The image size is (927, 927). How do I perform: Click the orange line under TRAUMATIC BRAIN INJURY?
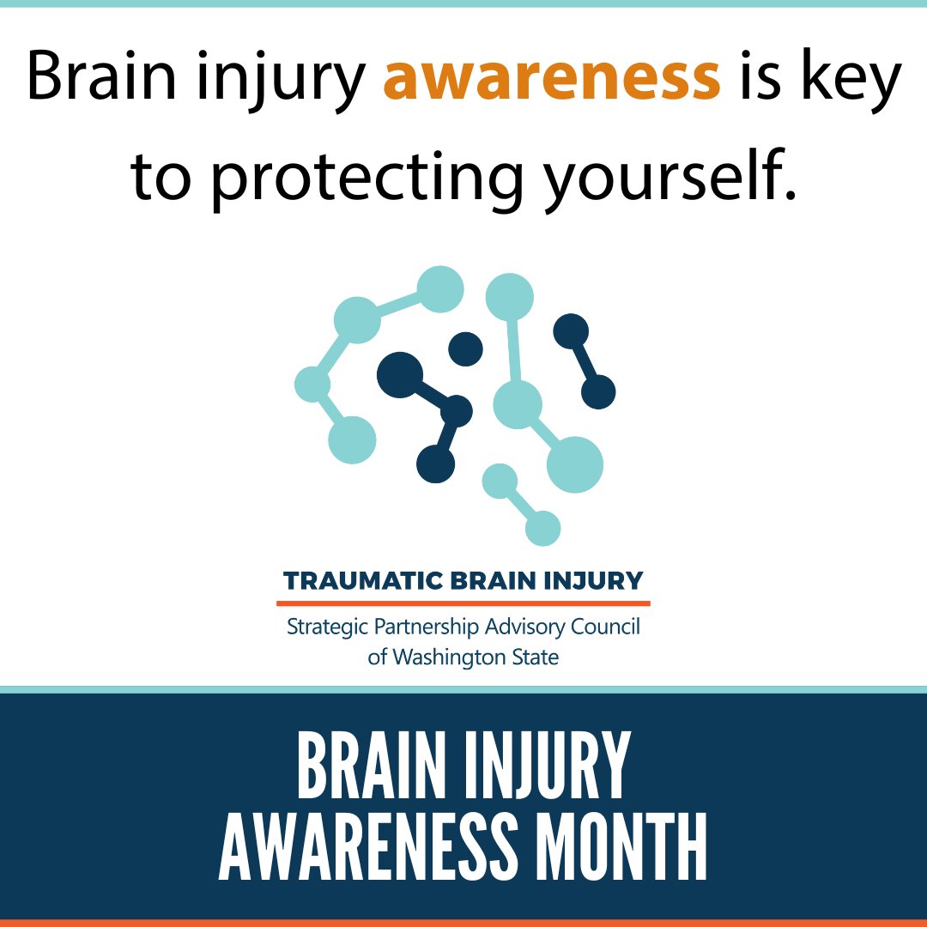tap(463, 603)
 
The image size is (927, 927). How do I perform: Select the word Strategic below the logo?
tap(328, 627)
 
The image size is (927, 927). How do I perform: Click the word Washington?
tap(452, 658)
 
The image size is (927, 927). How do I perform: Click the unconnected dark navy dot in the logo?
tap(465, 348)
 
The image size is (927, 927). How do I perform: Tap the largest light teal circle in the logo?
tap(575, 464)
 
